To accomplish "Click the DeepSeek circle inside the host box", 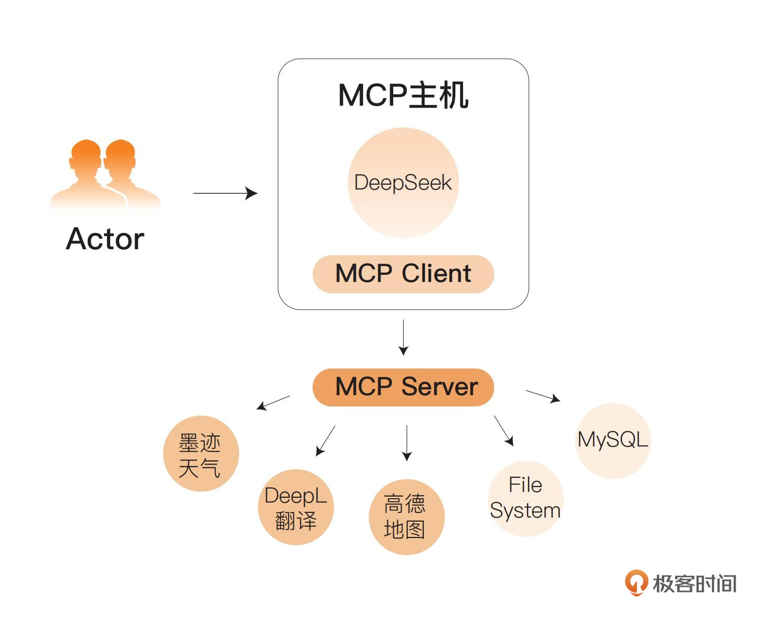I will point(403,183).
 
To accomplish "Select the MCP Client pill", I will point(403,274).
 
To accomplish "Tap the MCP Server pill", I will point(403,387).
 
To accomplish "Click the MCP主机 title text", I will point(403,95).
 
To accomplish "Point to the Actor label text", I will point(105,239).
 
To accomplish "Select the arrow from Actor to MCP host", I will point(225,193).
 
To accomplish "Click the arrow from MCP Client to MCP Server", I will point(403,337).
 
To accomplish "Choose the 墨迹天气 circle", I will point(201,454).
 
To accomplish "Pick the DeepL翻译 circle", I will point(296,507).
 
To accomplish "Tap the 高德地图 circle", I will point(406,517).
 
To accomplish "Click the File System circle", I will point(525,498).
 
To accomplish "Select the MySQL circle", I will point(613,441).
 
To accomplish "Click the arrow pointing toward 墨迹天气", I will point(273,402).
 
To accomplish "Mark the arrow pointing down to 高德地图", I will point(406,443).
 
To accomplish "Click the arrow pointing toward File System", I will point(503,431).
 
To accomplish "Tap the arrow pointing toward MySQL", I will point(543,396).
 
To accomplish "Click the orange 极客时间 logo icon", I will point(636,582).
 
